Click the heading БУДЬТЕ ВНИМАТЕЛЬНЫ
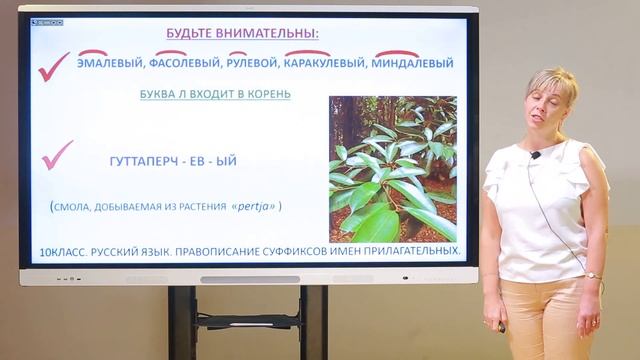(x=242, y=33)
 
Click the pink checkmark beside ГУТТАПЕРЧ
(x=56, y=155)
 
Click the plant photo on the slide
(x=392, y=168)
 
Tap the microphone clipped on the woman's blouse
(x=535, y=155)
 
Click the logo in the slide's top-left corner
(x=47, y=19)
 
